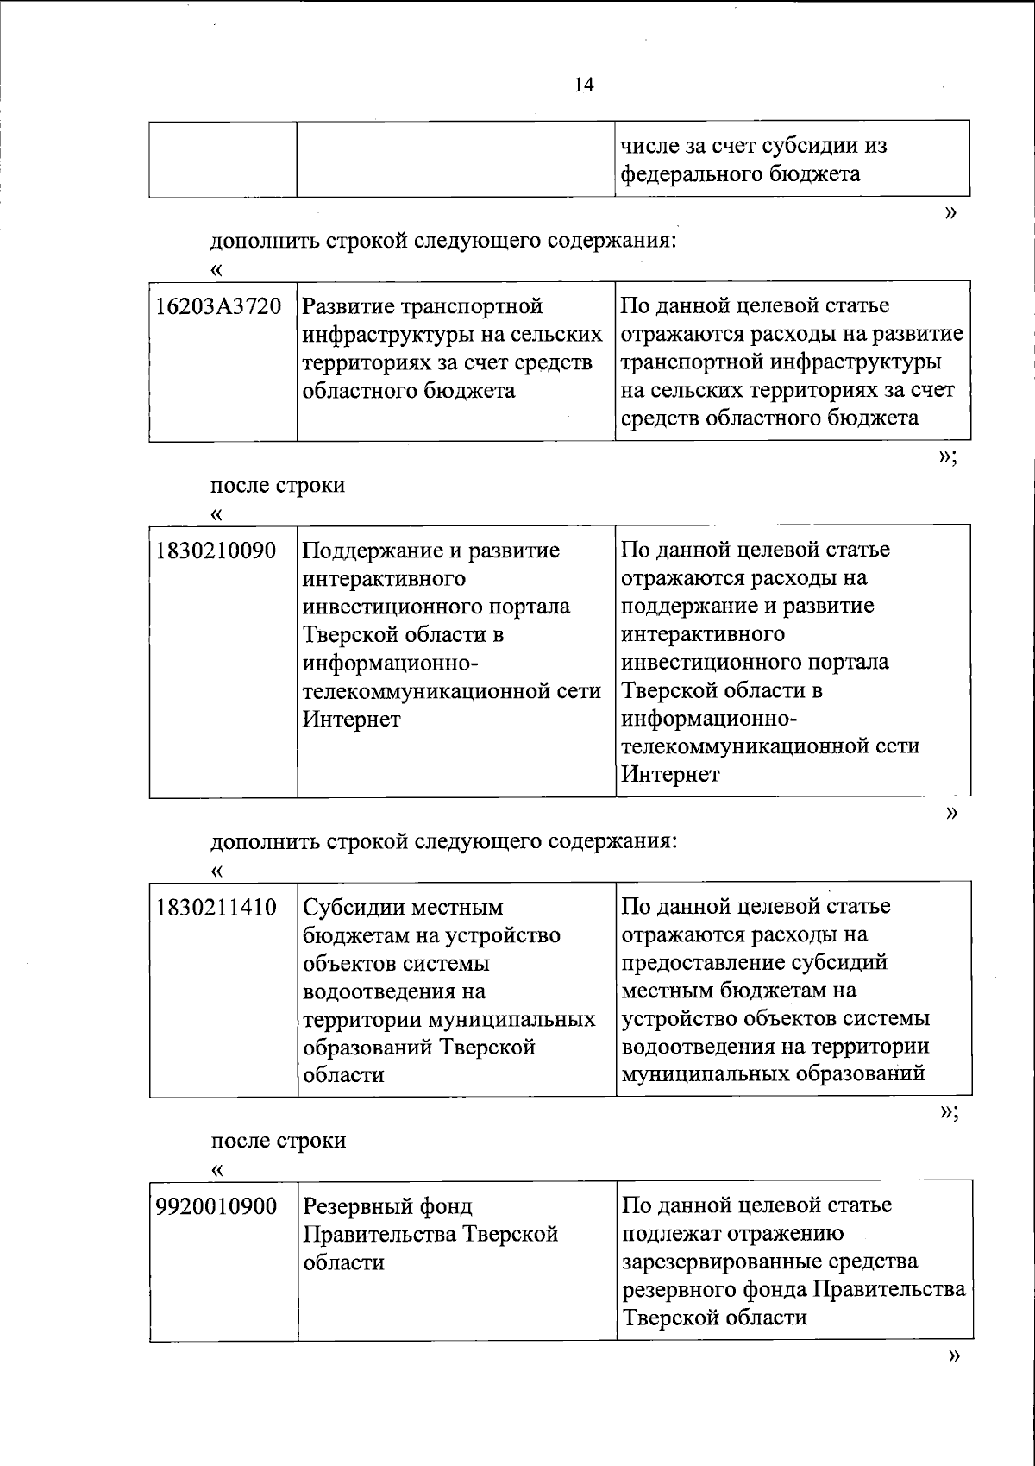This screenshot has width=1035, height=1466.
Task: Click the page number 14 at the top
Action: pyautogui.click(x=583, y=85)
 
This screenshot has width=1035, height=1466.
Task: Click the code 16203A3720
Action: pyautogui.click(x=218, y=306)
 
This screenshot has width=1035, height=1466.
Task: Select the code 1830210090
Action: pyautogui.click(x=216, y=551)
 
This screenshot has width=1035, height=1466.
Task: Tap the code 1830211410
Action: pyautogui.click(x=216, y=908)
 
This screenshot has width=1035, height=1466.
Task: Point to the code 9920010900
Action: pyautogui.click(x=216, y=1206)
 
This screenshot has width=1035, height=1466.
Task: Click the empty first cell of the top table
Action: pyautogui.click(x=223, y=160)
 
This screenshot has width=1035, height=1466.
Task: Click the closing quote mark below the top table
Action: pyautogui.click(x=951, y=213)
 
